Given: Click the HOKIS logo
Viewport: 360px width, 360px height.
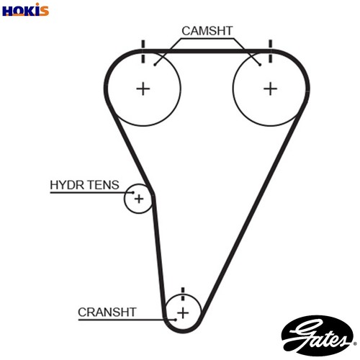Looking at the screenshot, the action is pyautogui.click(x=25, y=10).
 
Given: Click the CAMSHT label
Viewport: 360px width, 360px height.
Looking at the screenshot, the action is pyautogui.click(x=207, y=31).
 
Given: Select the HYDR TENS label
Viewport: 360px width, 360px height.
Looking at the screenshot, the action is pyautogui.click(x=84, y=185).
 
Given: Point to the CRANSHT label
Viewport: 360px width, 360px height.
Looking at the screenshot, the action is pyautogui.click(x=107, y=312).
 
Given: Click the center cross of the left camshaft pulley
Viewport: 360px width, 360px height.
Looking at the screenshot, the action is pyautogui.click(x=143, y=89).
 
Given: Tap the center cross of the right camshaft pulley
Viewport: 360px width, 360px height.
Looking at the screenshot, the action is pyautogui.click(x=271, y=89).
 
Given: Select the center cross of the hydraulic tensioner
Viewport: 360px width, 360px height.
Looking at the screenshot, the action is pyautogui.click(x=139, y=199).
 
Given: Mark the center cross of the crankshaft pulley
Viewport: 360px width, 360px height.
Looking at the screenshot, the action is pyautogui.click(x=183, y=313).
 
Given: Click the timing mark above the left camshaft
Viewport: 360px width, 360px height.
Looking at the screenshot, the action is pyautogui.click(x=143, y=52).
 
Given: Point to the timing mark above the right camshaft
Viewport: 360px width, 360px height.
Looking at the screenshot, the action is pyautogui.click(x=271, y=52).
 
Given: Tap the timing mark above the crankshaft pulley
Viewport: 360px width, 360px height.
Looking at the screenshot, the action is pyautogui.click(x=183, y=294).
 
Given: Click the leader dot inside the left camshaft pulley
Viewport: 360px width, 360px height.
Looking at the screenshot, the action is pyautogui.click(x=155, y=65).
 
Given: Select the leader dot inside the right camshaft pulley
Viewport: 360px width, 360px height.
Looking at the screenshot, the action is pyautogui.click(x=260, y=65).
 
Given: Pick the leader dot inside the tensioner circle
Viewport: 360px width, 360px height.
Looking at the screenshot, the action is pyautogui.click(x=133, y=192).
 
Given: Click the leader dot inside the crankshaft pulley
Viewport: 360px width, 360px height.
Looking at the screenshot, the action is pyautogui.click(x=176, y=320).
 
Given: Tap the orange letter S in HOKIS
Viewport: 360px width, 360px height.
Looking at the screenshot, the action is pyautogui.click(x=44, y=11).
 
